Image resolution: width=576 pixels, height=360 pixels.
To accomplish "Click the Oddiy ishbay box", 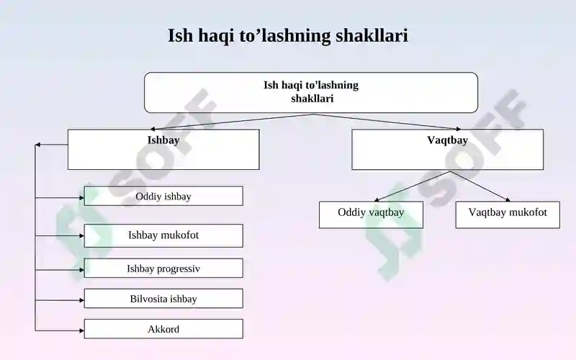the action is click(x=163, y=196).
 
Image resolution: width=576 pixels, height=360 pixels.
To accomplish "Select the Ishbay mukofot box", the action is click(x=163, y=235).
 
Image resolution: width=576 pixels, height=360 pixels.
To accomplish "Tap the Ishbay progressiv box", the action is click(x=163, y=268).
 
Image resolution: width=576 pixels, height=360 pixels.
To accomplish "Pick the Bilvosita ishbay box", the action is click(x=163, y=298).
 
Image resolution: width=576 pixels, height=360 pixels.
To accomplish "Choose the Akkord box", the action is click(x=163, y=329).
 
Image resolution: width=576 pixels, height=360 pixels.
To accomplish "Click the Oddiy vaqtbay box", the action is click(x=371, y=215).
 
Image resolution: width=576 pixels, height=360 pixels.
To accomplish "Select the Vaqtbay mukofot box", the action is click(x=508, y=215).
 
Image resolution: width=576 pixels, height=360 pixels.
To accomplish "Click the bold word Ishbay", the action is click(x=163, y=140).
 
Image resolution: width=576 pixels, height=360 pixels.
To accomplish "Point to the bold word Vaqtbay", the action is click(x=447, y=140).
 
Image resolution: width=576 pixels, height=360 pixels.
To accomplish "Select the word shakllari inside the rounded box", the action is click(x=312, y=99).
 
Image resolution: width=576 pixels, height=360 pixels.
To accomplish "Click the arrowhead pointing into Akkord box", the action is click(x=81, y=330).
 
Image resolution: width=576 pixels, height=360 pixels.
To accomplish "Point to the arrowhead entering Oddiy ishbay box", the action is click(x=81, y=197).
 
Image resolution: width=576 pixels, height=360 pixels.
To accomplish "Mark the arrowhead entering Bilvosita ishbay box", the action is click(x=81, y=300).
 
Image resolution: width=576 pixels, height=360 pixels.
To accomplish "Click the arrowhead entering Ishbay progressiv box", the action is click(x=81, y=270).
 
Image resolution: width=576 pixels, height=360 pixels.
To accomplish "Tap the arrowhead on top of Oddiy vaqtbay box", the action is click(x=377, y=199).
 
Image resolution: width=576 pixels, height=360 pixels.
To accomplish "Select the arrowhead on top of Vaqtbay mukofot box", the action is click(x=508, y=199).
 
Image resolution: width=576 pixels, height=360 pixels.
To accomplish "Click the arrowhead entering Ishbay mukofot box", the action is click(x=81, y=235).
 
